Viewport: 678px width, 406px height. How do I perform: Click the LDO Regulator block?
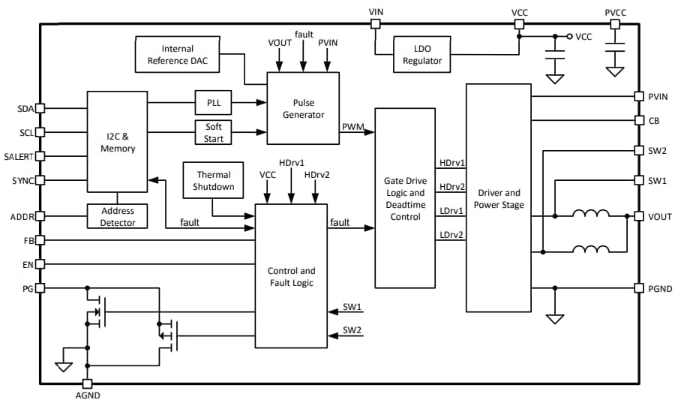[x=422, y=56]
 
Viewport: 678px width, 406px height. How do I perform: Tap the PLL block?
[x=213, y=103]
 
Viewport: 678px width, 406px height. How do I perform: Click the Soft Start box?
[x=213, y=132]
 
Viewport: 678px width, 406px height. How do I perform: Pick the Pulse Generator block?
[x=303, y=108]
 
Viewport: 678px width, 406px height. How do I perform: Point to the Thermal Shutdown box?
[x=214, y=181]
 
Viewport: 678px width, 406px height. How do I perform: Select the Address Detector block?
[x=118, y=217]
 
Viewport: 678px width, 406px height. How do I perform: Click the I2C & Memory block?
[x=118, y=143]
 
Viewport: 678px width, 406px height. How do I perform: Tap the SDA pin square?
[x=40, y=108]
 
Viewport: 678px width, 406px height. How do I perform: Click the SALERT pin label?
[x=19, y=156]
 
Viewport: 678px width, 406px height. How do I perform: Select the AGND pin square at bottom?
[x=87, y=383]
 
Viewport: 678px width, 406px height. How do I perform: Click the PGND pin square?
[x=638, y=289]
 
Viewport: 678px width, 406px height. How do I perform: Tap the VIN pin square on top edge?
[x=376, y=24]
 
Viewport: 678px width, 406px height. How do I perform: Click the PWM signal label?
[x=353, y=126]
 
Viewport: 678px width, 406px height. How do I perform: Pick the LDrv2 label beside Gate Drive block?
[x=451, y=235]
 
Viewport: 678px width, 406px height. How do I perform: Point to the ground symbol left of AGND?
[x=63, y=366]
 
